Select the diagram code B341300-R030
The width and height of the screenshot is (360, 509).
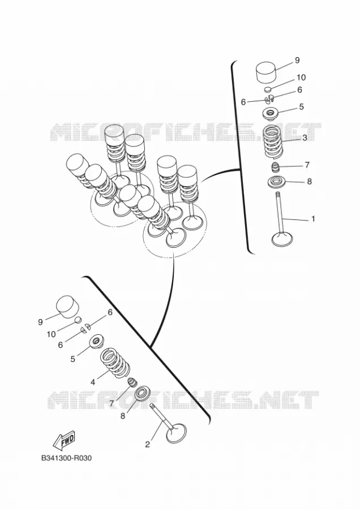tap(66, 458)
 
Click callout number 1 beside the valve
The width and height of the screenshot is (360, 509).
tap(313, 219)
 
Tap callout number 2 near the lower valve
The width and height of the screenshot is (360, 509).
tap(148, 445)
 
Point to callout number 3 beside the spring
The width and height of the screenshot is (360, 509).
tap(305, 137)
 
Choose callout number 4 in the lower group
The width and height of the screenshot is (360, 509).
tap(93, 382)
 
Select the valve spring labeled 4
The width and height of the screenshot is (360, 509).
tap(115, 363)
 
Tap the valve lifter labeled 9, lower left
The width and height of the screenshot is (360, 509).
tap(68, 306)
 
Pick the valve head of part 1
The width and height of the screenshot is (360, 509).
tap(282, 239)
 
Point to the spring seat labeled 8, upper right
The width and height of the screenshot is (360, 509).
tap(276, 182)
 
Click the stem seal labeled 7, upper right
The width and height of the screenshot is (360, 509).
tap(276, 168)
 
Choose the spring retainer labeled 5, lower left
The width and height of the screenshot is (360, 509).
tap(96, 341)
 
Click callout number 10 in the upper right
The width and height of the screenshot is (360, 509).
tap(301, 77)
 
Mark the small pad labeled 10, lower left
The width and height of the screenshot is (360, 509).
tap(78, 321)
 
